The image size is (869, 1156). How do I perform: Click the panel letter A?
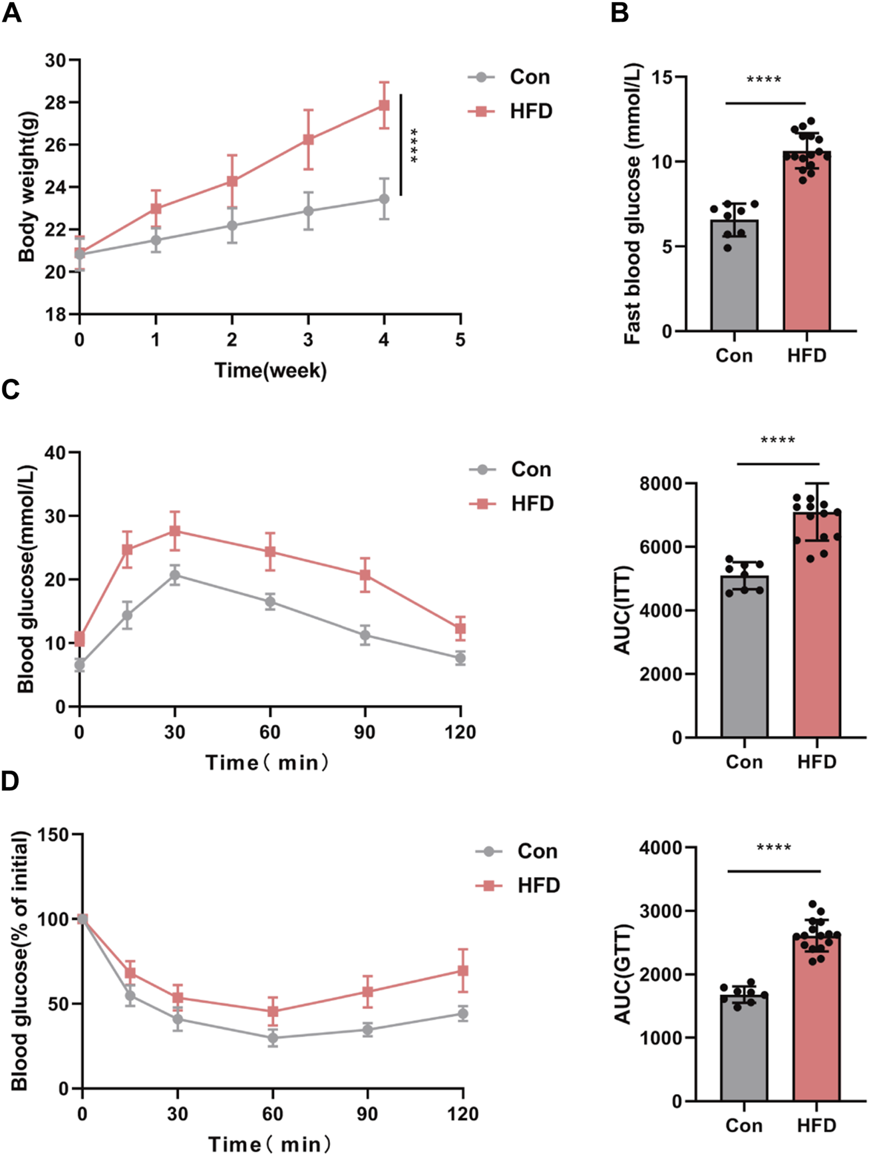(11, 13)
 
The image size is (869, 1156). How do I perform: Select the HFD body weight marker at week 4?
(384, 105)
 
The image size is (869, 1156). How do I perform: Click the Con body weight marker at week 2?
(232, 225)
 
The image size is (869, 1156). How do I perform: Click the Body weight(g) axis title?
(27, 187)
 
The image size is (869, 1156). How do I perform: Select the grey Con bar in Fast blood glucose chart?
(734, 280)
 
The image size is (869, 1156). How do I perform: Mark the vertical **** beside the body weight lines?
(413, 145)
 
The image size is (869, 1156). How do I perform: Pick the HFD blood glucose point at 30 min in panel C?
(175, 531)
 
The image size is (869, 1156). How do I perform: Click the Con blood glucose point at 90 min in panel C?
(365, 635)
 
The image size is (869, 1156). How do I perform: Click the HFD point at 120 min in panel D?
(462, 971)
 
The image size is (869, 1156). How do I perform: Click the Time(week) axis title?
(270, 370)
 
